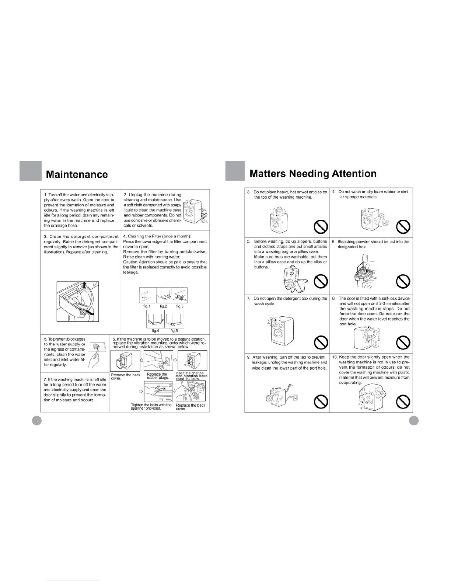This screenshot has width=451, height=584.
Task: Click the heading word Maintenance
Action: pos(77,174)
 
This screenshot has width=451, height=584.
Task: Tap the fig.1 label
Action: pos(147,306)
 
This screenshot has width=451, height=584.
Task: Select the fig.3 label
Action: pos(180,306)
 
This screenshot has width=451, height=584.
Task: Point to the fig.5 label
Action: pos(174,331)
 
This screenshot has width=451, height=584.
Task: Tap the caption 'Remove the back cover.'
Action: pos(125,376)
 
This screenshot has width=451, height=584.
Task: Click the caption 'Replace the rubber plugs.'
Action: pos(157,376)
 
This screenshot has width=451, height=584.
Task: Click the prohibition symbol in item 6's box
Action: pos(403,282)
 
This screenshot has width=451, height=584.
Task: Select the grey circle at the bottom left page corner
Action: pos(36,421)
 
